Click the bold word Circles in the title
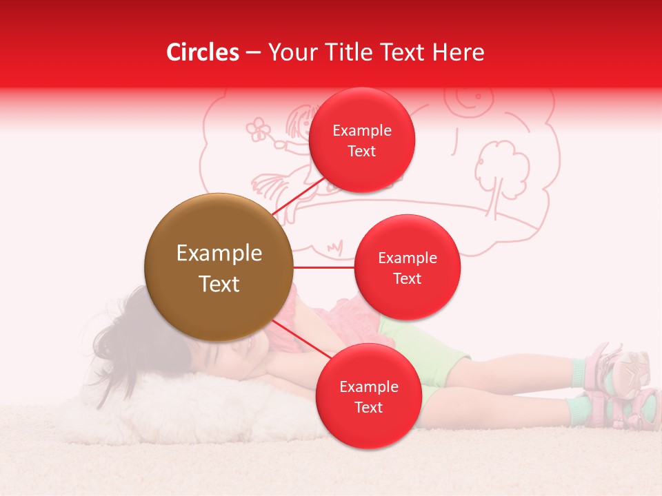coord(203,52)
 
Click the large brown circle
coord(219,267)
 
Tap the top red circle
coord(362,141)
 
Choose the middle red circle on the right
coord(407,267)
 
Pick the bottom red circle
coord(368,396)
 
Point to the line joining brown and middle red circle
coord(323,267)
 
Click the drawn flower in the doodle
coord(259,129)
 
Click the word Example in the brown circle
coord(219,254)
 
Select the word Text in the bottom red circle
coord(368,407)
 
